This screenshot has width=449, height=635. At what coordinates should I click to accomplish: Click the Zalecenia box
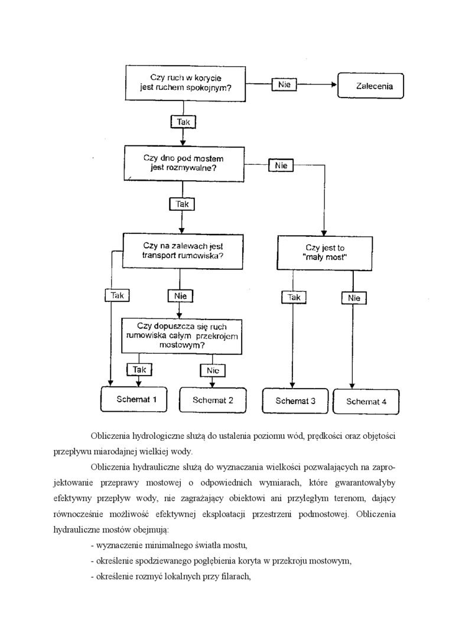point(370,86)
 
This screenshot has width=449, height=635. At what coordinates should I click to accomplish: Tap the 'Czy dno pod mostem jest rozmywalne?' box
point(183,163)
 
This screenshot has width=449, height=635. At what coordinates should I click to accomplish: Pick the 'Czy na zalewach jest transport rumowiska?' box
point(183,250)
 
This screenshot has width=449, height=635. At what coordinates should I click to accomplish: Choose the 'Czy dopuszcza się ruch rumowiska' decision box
point(181,336)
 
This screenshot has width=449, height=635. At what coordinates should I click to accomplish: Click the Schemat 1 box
point(136,399)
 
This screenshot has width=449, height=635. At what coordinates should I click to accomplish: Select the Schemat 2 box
point(213,400)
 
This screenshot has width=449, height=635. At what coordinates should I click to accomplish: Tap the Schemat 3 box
point(295,401)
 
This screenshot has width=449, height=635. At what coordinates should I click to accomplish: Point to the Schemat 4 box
point(366,402)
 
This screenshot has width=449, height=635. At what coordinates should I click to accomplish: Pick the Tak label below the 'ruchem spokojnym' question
point(183,122)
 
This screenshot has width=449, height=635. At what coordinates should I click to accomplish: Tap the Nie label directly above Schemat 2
point(213,370)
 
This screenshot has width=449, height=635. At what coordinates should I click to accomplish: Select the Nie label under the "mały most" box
point(354,298)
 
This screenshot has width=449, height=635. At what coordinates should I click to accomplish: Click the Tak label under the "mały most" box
point(294,298)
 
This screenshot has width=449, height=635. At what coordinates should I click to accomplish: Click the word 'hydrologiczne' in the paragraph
point(154,436)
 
